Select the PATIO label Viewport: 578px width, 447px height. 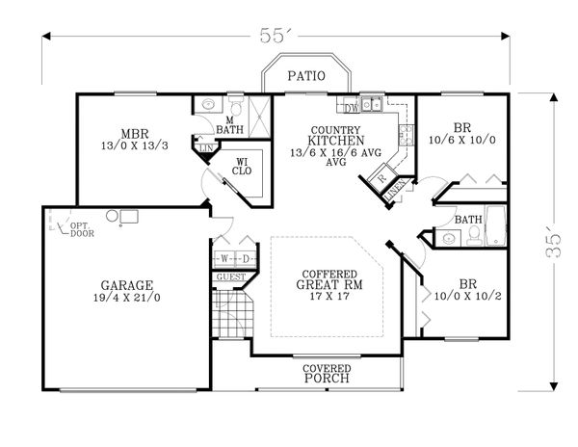tap(307, 75)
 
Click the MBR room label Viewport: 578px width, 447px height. tap(134, 134)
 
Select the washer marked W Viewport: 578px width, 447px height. tap(223, 259)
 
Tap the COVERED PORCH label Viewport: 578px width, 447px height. tap(326, 374)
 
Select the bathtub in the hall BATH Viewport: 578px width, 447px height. tap(495, 226)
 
